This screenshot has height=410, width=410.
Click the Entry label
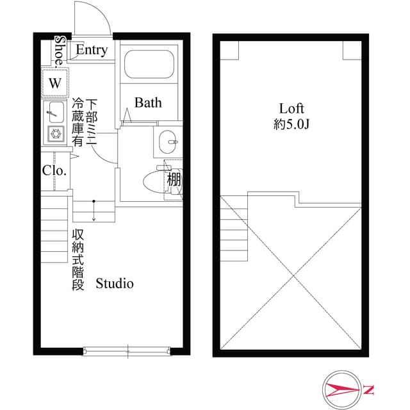tap(92, 50)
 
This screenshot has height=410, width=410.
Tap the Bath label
tap(148, 102)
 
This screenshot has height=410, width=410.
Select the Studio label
tap(115, 283)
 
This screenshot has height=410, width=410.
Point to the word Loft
tap(291, 108)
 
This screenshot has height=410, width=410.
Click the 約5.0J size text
tap(291, 125)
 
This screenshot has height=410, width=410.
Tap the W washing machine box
tap(56, 83)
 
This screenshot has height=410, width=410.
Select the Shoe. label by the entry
tap(60, 50)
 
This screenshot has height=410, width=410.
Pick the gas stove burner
tap(56, 134)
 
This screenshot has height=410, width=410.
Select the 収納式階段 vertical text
tap(78, 259)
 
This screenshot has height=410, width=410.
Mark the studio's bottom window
tap(127, 350)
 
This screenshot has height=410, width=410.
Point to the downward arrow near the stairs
tap(94, 211)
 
